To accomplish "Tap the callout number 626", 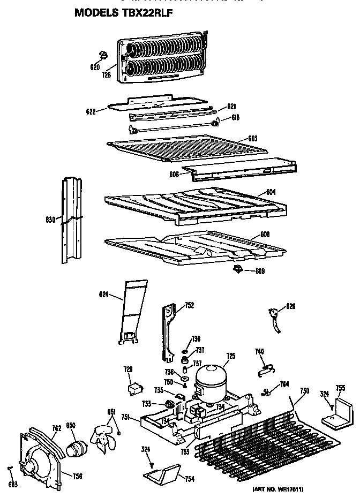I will (x=291, y=306).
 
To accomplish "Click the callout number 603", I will (x=252, y=139).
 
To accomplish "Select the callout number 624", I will (x=104, y=294).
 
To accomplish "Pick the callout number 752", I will (x=189, y=305).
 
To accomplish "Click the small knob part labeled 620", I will (x=104, y=54).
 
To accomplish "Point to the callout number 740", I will (x=259, y=351).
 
